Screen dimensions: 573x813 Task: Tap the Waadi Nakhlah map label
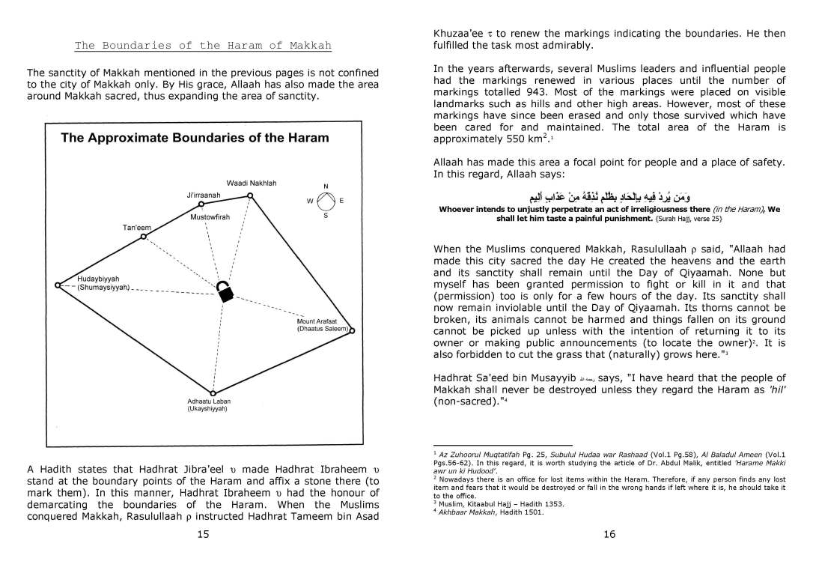tap(252, 184)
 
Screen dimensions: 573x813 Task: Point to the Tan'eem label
tap(137, 227)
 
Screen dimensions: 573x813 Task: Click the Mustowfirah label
tap(210, 217)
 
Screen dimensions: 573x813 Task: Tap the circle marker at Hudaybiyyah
tap(58, 285)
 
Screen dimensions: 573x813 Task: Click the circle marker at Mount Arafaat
tap(351, 330)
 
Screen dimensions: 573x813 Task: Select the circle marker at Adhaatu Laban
tap(213, 393)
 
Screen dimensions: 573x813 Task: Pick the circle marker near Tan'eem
tap(143, 237)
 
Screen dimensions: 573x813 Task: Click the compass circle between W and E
tap(326, 201)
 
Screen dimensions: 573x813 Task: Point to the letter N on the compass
tap(326, 187)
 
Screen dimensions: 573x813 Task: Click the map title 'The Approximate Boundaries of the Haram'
tap(194, 138)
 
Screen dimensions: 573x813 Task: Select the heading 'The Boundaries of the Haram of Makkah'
tap(203, 46)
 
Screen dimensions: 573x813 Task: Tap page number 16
tap(609, 533)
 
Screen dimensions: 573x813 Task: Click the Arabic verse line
tap(609, 196)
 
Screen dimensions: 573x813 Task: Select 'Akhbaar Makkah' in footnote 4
tap(465, 512)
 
